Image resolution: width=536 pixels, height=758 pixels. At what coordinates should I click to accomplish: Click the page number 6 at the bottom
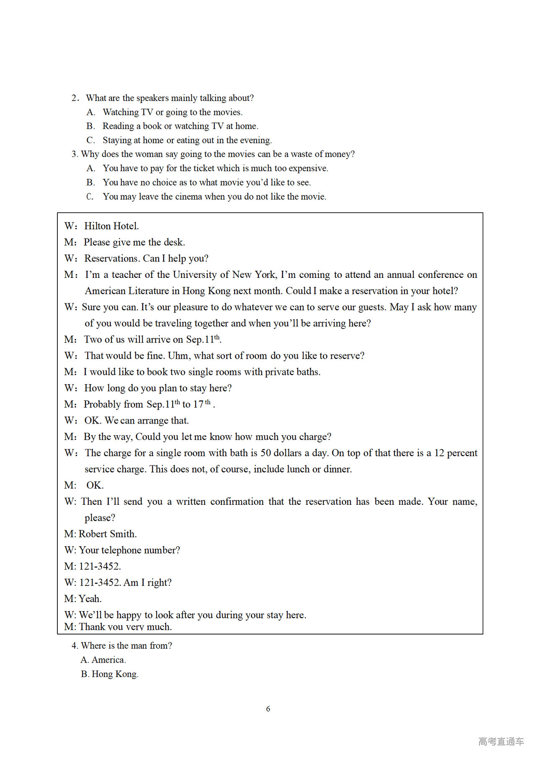click(268, 709)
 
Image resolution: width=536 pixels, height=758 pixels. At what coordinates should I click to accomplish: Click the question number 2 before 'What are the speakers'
click(75, 98)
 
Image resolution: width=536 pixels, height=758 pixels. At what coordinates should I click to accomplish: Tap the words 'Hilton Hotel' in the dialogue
click(111, 226)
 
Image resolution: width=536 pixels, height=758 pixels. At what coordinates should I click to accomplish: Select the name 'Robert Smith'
click(108, 534)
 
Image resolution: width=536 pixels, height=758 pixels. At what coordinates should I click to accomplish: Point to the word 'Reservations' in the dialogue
click(111, 258)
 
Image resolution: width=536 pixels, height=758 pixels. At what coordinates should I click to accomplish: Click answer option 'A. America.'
click(103, 660)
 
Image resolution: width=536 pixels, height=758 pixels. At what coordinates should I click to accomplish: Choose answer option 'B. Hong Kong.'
click(109, 674)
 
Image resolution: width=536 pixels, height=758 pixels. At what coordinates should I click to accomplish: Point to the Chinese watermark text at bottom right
click(501, 741)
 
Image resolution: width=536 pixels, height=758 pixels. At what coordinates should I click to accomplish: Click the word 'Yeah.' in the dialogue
click(90, 599)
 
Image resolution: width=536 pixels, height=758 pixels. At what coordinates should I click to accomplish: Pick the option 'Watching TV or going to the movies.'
click(173, 112)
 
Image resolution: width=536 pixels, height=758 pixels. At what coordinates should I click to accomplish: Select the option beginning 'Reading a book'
click(180, 126)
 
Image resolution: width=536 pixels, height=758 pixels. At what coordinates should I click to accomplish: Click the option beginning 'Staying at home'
click(187, 140)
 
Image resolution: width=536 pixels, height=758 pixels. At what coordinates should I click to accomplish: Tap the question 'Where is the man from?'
click(126, 645)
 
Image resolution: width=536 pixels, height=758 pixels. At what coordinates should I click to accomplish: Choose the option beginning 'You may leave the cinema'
click(214, 196)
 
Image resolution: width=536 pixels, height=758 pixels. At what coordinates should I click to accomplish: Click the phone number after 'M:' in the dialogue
click(100, 566)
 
